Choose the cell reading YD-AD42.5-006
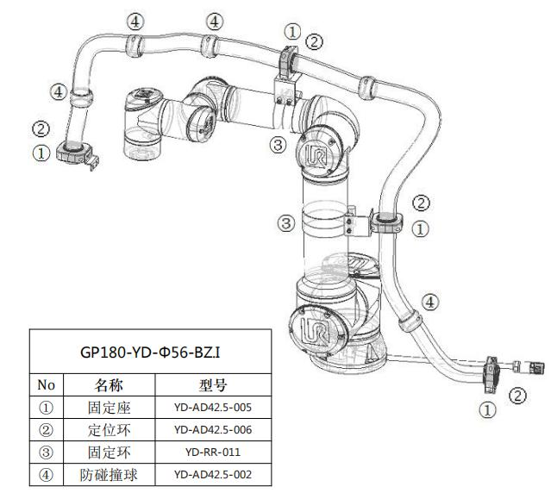[x=212, y=429]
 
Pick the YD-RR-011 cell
[x=212, y=452]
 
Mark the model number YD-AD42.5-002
[x=212, y=474]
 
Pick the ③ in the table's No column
[x=47, y=452]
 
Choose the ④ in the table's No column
[x=47, y=474]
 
